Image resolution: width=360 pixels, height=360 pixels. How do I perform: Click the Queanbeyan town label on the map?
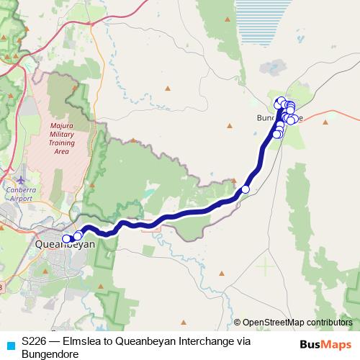65,245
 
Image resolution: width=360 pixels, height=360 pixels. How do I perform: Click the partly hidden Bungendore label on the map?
268,117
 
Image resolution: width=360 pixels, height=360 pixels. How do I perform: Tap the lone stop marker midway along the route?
245,189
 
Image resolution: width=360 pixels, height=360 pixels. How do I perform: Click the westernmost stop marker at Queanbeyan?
66,239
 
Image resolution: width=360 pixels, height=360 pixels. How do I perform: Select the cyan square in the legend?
9,344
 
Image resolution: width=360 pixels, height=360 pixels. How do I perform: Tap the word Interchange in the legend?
216,340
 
